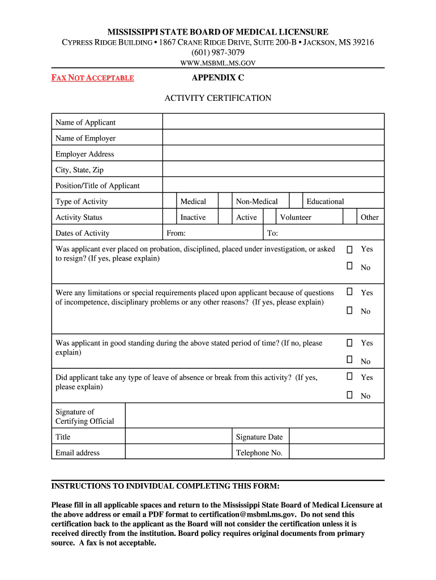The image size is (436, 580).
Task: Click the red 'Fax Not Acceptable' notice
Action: (93, 78)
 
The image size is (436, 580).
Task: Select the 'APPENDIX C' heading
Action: (218, 78)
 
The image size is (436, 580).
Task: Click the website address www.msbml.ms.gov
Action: (218, 63)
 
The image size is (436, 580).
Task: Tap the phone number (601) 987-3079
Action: (218, 52)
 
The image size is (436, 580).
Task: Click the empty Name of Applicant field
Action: (273, 122)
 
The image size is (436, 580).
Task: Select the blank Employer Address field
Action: (273, 153)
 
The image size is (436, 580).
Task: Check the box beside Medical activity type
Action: (169, 201)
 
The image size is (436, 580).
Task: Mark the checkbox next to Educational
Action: (296, 201)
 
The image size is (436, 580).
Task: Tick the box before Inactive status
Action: (169, 217)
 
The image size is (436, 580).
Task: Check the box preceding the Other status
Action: (350, 217)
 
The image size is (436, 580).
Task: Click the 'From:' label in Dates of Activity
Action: (176, 233)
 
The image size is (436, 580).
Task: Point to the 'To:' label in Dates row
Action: (272, 233)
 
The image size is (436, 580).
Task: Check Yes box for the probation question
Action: (350, 249)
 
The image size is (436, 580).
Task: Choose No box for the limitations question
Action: (350, 310)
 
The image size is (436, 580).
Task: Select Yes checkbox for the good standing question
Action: (350, 343)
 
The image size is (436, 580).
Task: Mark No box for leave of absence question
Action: (350, 395)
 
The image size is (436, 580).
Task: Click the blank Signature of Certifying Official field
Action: (254, 416)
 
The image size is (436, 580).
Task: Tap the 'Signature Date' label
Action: (259, 437)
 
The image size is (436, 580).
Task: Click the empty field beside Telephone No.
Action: (336, 452)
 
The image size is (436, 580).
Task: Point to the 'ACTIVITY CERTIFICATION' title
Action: (218, 98)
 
